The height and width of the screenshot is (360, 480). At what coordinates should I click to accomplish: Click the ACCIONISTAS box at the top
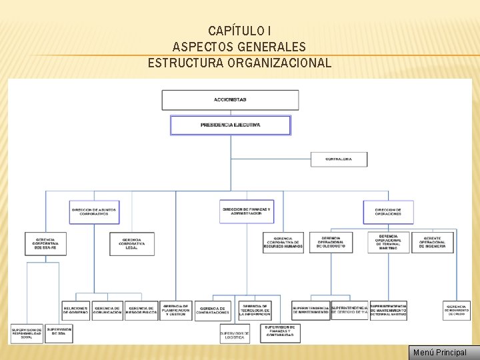[231, 100]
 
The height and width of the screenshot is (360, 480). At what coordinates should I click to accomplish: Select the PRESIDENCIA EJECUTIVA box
[231, 125]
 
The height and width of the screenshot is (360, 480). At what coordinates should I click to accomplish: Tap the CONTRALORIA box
[339, 159]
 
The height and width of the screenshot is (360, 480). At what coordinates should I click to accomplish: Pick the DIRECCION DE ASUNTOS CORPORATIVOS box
[94, 212]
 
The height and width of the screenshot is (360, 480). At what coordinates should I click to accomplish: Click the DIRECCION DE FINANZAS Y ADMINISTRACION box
[247, 211]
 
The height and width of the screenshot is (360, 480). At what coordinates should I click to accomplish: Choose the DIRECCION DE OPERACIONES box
[388, 212]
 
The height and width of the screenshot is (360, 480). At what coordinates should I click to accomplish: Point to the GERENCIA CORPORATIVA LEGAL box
[131, 243]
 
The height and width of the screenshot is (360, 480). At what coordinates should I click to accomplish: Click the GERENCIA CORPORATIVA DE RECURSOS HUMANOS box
[283, 243]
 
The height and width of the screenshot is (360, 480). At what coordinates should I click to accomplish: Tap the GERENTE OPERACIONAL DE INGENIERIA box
[432, 243]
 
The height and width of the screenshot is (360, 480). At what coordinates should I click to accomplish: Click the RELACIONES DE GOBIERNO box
[75, 311]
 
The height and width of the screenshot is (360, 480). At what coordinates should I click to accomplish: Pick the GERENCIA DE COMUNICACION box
[108, 311]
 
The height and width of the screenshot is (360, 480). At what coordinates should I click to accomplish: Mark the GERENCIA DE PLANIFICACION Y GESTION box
[176, 310]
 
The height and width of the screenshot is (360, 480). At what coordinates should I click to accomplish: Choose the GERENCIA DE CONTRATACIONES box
[213, 311]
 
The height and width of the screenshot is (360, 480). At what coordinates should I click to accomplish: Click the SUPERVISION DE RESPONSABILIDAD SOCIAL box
[27, 333]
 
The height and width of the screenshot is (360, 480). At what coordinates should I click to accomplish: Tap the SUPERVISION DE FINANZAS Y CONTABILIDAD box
[281, 333]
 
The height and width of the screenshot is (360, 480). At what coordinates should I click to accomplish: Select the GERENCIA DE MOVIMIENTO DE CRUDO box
[457, 310]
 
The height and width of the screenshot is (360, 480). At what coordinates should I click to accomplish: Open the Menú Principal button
[440, 352]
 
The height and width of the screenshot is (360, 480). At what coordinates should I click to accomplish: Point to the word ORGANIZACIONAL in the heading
[279, 63]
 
